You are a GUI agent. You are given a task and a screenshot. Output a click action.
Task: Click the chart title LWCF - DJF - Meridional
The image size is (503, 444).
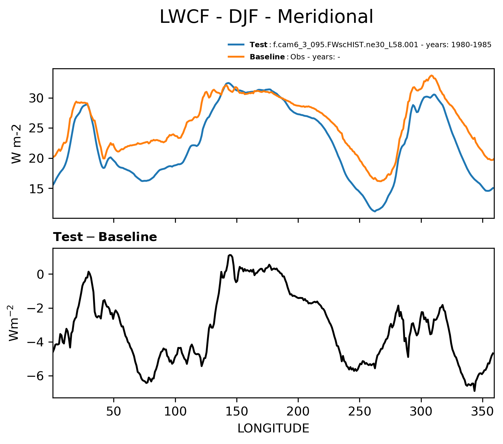[x=266, y=17]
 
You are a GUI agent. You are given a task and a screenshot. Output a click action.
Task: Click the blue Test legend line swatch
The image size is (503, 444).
[x=236, y=45]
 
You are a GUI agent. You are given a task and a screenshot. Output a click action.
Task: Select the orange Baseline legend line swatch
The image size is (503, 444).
[x=236, y=57]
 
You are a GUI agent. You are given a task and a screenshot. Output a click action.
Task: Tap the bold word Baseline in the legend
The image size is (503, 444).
[x=267, y=57]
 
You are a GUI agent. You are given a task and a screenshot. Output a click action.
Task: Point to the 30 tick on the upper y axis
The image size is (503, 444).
[x=36, y=98]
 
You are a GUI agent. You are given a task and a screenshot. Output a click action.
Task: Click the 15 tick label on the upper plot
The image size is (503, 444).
[x=36, y=189]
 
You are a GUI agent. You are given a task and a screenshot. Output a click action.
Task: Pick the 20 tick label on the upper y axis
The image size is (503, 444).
[x=36, y=158]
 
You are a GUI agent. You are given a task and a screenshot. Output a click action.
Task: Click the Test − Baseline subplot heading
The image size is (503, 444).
[x=105, y=237]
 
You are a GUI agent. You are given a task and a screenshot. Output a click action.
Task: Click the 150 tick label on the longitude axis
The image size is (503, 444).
[x=236, y=411]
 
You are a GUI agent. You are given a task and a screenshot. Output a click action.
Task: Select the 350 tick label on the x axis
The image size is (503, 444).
[x=483, y=411]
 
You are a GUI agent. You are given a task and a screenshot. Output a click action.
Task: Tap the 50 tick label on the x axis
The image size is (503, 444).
[x=114, y=411]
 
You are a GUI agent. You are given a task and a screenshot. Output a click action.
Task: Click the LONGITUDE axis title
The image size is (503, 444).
[x=273, y=428]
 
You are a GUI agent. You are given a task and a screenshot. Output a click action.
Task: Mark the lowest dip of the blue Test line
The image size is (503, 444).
[x=375, y=211]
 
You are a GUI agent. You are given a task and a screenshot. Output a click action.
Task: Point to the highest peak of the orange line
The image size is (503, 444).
[x=432, y=75]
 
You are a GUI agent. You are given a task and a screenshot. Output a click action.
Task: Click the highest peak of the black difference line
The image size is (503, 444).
[x=230, y=255]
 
